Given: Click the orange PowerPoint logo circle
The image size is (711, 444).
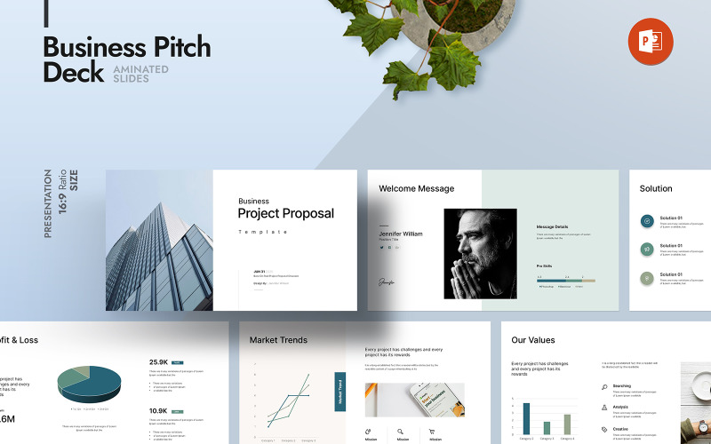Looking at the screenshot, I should click(x=651, y=42).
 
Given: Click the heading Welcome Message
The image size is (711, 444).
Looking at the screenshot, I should click(x=416, y=188).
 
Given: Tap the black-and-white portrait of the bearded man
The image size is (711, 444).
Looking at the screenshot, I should click(x=480, y=253).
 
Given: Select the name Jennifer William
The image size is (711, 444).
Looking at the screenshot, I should click(x=401, y=234).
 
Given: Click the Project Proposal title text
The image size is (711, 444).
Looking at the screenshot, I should click(x=285, y=213).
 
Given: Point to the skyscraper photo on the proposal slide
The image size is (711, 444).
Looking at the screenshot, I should click(x=159, y=240).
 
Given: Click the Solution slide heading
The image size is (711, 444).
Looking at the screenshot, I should click(x=656, y=188).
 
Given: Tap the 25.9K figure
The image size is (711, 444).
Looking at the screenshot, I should click(x=159, y=362).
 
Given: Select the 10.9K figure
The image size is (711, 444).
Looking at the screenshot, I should click(x=159, y=411).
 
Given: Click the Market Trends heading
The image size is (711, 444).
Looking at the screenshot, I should click(x=278, y=339).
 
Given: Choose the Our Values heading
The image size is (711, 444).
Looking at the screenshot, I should click(x=533, y=339).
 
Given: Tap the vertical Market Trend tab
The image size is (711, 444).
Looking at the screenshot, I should click(x=340, y=391).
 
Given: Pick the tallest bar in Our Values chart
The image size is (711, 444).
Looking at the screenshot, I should click(x=526, y=419).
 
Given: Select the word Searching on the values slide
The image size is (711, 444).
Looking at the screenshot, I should click(x=622, y=386).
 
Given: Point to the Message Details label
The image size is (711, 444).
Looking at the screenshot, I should click(x=558, y=226).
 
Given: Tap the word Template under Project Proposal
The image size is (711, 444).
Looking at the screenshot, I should click(x=263, y=232).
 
